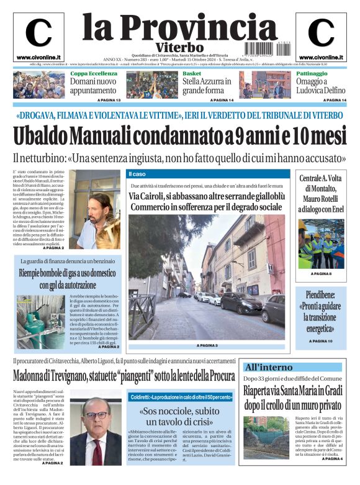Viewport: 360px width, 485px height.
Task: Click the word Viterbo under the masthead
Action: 179,47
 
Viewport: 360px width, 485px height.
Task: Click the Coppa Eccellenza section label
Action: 93,73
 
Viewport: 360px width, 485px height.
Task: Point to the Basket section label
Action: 192,73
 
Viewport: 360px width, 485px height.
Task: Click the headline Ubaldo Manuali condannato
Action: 179,135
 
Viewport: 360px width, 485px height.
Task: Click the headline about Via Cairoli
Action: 206,201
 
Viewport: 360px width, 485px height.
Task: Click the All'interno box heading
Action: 269,367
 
